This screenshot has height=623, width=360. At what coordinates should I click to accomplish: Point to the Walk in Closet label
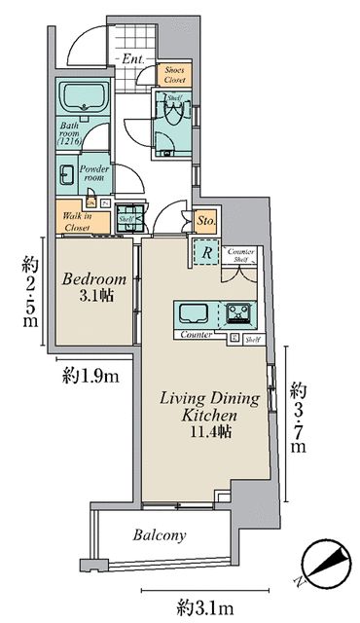click(x=76, y=221)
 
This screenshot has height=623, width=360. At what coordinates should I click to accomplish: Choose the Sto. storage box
click(x=205, y=222)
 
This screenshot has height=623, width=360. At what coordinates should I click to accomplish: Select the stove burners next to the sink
click(x=238, y=313)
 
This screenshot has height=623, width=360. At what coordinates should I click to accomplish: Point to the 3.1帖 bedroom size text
click(x=93, y=297)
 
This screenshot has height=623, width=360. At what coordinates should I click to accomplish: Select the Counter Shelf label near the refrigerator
click(x=240, y=257)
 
